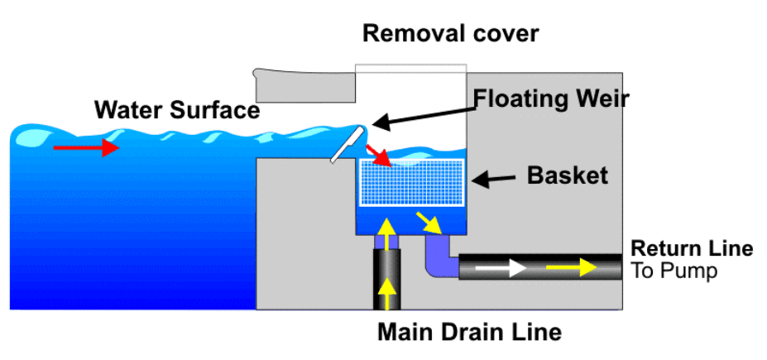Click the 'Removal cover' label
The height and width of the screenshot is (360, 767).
(x=450, y=34)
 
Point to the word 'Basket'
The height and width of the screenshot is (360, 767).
(x=567, y=175)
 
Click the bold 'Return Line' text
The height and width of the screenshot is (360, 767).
(x=692, y=248)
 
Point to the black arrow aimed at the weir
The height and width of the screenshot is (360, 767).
(x=419, y=115)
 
